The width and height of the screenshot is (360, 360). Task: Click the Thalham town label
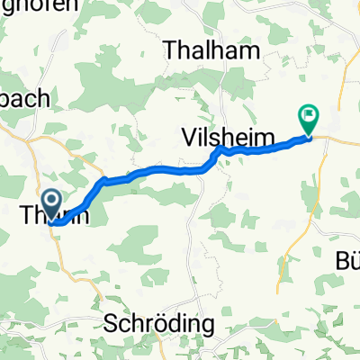click(212, 49)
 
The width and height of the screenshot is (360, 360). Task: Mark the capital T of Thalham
click(169, 49)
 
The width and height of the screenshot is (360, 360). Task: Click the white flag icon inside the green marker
click(309, 114)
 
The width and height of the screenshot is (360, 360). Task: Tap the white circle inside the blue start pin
click(51, 199)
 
